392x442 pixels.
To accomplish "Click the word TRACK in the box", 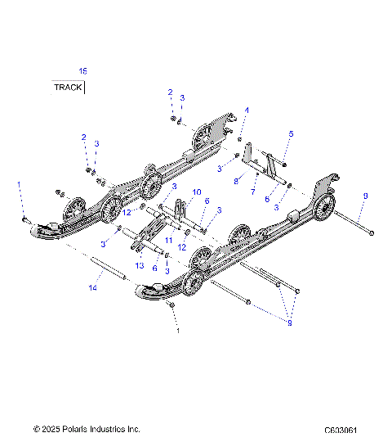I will click(68, 87).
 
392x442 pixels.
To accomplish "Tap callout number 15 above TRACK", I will click(82, 72).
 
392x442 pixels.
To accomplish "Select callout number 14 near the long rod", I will click(93, 288).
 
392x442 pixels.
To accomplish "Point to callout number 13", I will click(140, 265).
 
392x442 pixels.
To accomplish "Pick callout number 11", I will click(169, 240).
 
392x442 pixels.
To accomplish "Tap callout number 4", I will click(247, 110).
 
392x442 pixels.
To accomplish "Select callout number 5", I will click(291, 133).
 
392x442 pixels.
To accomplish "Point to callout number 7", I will click(252, 192).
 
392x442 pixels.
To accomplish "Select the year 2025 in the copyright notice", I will click(52, 429).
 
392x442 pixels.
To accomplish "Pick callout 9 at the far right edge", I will click(365, 196).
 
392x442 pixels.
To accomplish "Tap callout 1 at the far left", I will click(19, 187).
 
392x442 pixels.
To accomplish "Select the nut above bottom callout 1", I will click(171, 304).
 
